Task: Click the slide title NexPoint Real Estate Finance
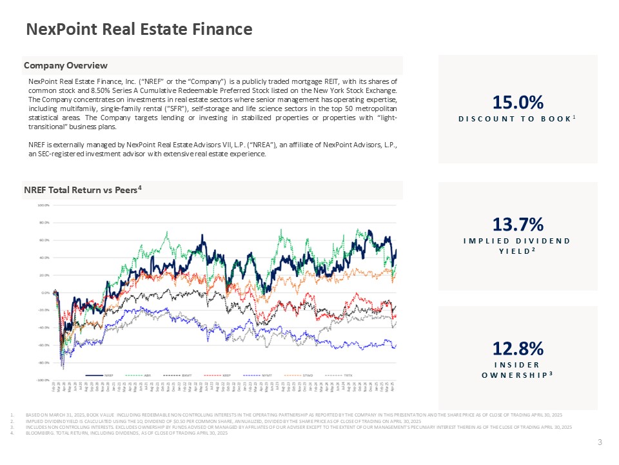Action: (x=139, y=29)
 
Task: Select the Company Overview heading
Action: (x=66, y=65)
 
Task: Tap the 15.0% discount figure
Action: (x=518, y=103)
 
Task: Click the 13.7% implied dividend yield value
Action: (x=518, y=224)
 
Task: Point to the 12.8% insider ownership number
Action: (x=518, y=349)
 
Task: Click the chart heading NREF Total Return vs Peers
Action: (x=83, y=190)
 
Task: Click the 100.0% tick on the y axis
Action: (x=43, y=206)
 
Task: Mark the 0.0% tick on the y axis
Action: (x=45, y=293)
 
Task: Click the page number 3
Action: (x=600, y=442)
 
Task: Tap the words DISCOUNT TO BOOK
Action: (x=515, y=119)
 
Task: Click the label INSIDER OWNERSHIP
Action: (x=517, y=370)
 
